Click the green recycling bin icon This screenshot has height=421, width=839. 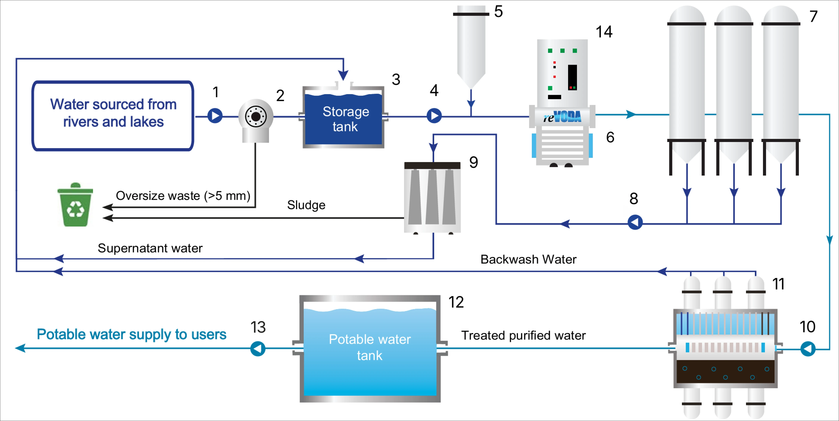point(75,205)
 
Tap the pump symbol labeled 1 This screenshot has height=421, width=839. point(215,116)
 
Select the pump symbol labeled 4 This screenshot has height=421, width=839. point(434,116)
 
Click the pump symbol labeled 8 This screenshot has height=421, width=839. point(635,222)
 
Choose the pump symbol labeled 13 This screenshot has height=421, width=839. point(258,349)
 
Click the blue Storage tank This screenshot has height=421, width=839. point(344,119)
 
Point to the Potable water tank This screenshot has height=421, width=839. point(370,348)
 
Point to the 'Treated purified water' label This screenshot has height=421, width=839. point(523,335)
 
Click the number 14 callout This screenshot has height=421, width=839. point(604,32)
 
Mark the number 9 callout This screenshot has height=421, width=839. point(474,162)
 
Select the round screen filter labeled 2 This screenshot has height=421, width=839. point(256,117)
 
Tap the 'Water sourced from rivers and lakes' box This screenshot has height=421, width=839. point(113,116)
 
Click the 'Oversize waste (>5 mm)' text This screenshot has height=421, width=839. point(183,196)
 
